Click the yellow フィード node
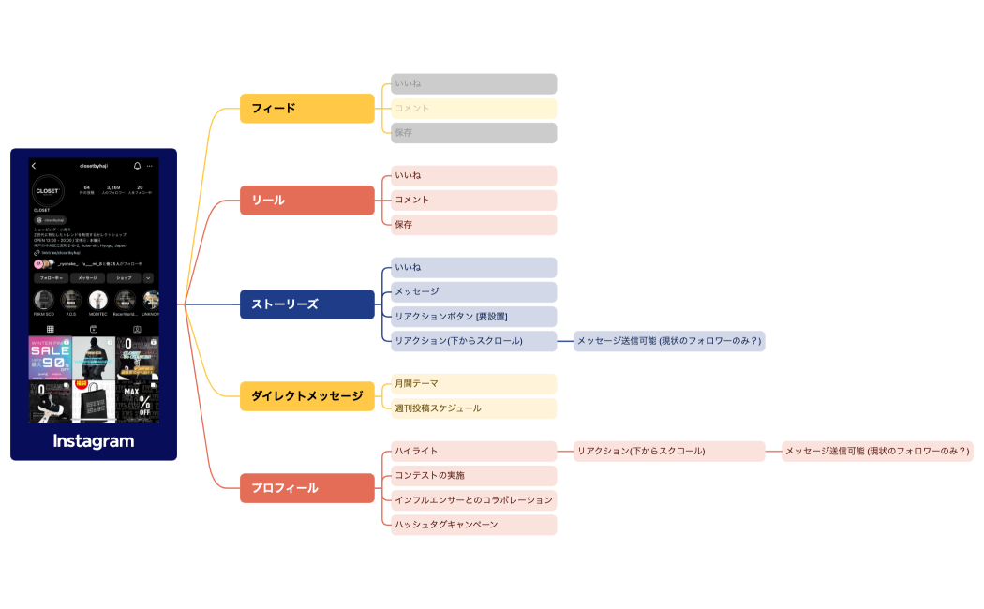click(306, 109)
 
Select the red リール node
click(306, 201)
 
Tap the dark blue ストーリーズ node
click(306, 304)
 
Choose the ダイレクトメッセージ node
click(306, 396)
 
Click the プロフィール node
click(306, 488)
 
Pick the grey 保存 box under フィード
click(473, 133)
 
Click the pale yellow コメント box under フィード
click(473, 109)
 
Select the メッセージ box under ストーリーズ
click(473, 292)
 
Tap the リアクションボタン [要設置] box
click(473, 317)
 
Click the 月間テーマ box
click(473, 384)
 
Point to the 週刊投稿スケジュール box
click(473, 408)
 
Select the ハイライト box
click(473, 452)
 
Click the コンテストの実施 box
click(473, 476)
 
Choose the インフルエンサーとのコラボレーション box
click(473, 500)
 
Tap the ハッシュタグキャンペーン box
click(473, 525)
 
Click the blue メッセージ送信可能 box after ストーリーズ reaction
click(669, 341)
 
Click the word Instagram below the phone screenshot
click(93, 441)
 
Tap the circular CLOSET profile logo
click(48, 190)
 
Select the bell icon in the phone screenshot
click(137, 166)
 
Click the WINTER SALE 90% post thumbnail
click(50, 358)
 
